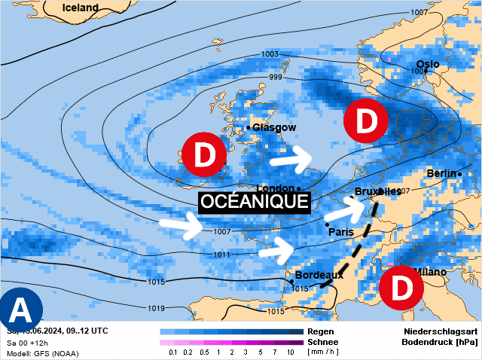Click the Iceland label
click(81, 8)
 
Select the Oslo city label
click(428, 64)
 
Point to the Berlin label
click(441, 173)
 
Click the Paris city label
click(341, 232)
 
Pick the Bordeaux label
click(319, 275)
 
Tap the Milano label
click(429, 272)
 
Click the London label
click(276, 188)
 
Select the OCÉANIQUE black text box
click(255, 202)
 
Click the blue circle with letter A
click(21, 310)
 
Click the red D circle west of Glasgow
click(204, 155)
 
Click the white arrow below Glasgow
click(291, 159)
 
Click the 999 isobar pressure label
click(276, 78)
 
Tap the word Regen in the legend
click(319, 331)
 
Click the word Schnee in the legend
click(322, 341)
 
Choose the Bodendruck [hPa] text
click(440, 342)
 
